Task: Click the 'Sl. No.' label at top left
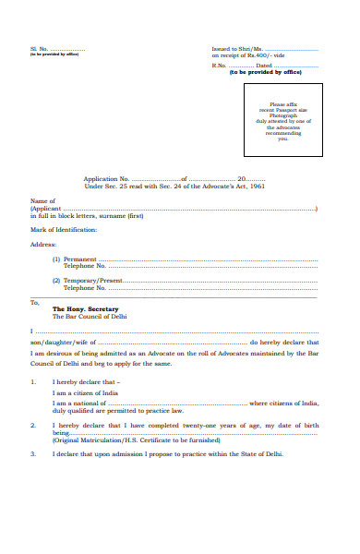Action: (39, 48)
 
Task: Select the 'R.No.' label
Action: (219, 65)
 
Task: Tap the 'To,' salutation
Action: (35, 302)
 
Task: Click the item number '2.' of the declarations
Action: (33, 424)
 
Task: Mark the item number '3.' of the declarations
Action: (33, 453)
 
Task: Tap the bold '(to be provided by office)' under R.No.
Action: (266, 71)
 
